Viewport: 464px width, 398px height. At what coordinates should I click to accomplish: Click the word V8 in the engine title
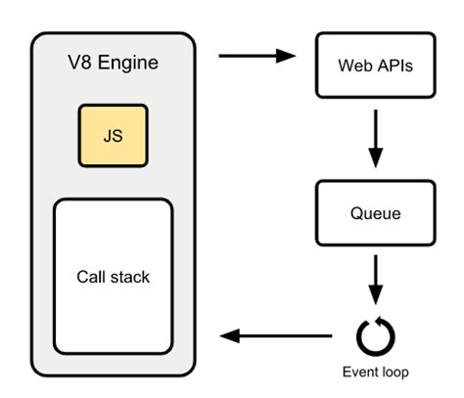81,66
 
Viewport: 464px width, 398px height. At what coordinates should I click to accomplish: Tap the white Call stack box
113,277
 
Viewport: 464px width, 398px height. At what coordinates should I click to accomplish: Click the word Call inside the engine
91,277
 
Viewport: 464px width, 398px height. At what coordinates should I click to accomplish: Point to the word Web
355,66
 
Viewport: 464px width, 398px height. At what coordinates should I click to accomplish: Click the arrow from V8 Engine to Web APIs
256,57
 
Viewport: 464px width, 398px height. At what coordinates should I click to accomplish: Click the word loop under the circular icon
394,373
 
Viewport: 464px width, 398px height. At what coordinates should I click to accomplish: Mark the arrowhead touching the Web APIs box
287,57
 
